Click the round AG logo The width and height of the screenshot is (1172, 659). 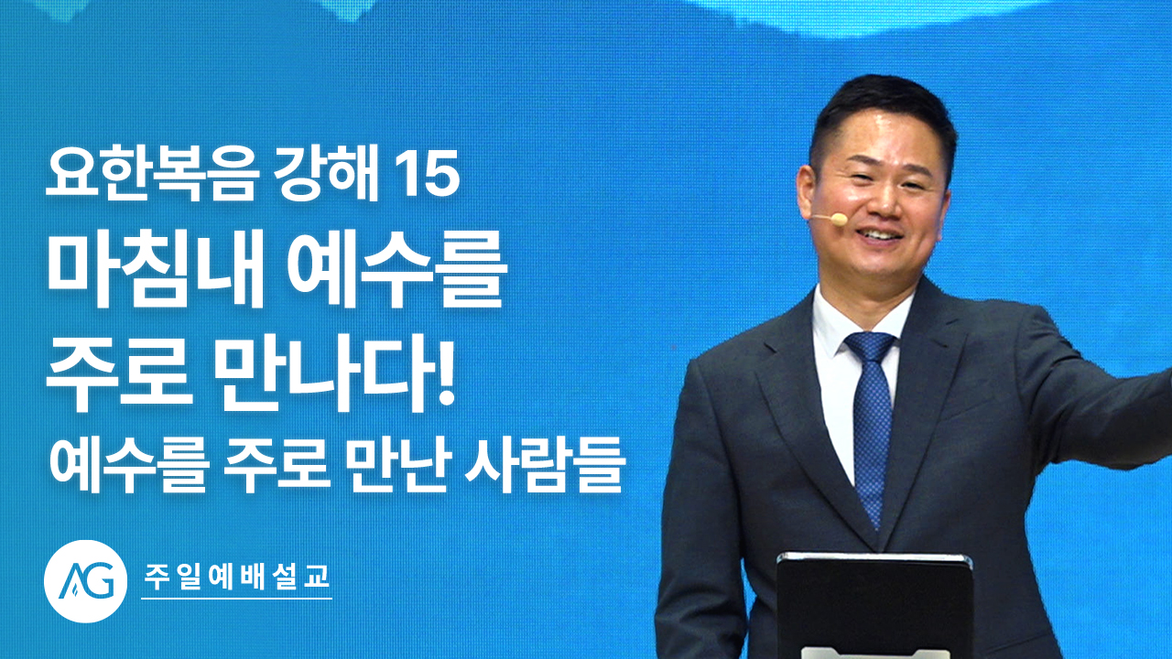pyautogui.click(x=85, y=581)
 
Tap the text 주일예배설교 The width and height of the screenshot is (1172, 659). pyautogui.click(x=237, y=577)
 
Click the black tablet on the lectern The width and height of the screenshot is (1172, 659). pyautogui.click(x=874, y=606)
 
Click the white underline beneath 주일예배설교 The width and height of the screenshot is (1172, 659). pyautogui.click(x=236, y=599)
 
